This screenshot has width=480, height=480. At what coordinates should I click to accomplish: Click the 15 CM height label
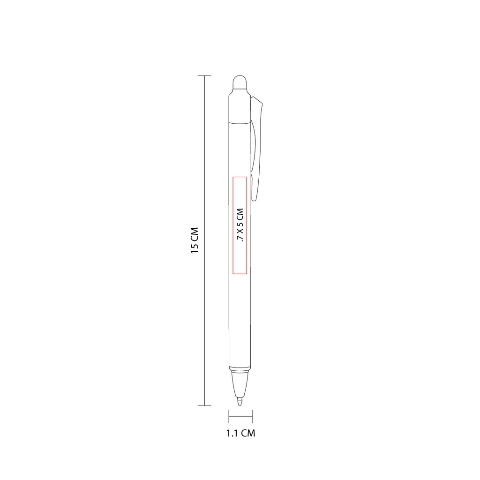click(195, 240)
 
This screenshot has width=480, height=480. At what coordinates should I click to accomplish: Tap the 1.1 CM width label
click(240, 433)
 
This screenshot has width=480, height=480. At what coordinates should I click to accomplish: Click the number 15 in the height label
click(195, 248)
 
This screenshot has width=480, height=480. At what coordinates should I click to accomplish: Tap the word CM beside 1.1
click(248, 433)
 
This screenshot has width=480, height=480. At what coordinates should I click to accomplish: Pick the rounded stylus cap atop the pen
click(240, 83)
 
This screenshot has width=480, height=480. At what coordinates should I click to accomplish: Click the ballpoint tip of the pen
click(240, 402)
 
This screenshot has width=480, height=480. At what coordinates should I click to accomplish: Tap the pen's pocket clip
click(258, 141)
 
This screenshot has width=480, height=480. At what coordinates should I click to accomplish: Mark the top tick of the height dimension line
click(204, 75)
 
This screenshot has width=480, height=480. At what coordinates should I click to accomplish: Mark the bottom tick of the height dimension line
click(204, 405)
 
